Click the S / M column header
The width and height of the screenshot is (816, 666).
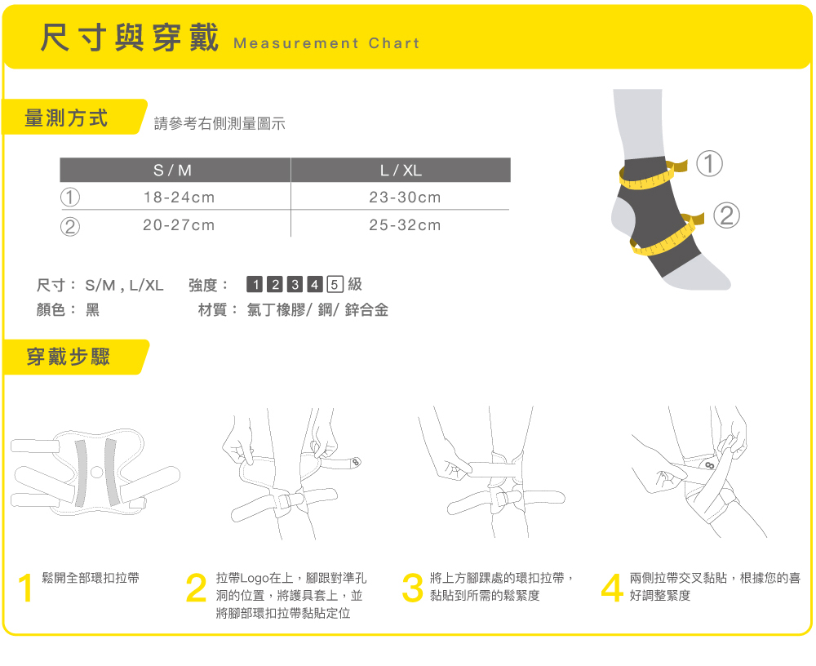(x=173, y=171)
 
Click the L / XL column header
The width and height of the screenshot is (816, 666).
(x=401, y=171)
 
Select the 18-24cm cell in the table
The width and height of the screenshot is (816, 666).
(x=179, y=198)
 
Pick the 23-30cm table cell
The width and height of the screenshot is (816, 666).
(x=405, y=198)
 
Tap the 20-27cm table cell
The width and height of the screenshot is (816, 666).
(x=179, y=225)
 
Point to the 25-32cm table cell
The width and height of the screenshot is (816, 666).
(x=405, y=225)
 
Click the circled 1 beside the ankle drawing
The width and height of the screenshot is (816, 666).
(x=709, y=163)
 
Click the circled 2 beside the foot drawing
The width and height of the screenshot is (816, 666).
(x=726, y=215)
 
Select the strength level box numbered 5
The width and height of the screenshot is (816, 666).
(x=335, y=284)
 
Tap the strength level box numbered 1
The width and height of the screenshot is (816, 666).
(x=255, y=284)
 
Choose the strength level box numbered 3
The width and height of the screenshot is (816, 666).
(x=295, y=284)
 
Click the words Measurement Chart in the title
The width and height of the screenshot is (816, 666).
(x=326, y=43)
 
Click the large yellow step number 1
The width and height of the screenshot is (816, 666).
(x=25, y=588)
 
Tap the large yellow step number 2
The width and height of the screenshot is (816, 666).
(x=196, y=588)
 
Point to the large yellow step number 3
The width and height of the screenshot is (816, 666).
(x=413, y=588)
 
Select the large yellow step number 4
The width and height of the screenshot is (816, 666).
(x=612, y=588)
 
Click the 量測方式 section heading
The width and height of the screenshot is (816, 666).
(x=66, y=118)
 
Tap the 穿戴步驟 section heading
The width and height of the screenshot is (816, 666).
(x=69, y=357)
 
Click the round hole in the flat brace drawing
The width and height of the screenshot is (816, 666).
(x=97, y=473)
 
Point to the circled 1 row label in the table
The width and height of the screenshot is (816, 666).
(x=70, y=198)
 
